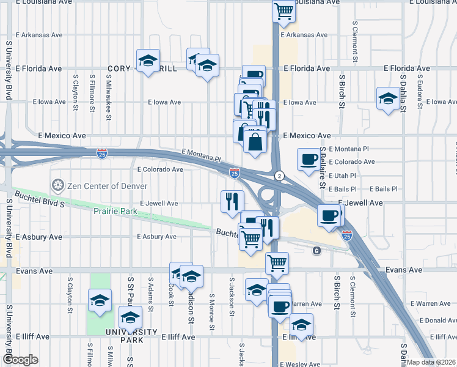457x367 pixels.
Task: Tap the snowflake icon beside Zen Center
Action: click(x=58, y=184)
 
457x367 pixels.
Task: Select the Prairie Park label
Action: click(x=115, y=212)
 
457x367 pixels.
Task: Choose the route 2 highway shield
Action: click(x=279, y=175)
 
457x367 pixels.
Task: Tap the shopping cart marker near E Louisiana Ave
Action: click(x=283, y=12)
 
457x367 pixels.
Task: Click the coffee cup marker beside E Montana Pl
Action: click(x=309, y=160)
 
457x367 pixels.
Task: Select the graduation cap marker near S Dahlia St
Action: click(x=387, y=98)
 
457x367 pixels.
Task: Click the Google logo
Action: click(x=21, y=360)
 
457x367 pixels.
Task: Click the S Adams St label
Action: click(x=151, y=291)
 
